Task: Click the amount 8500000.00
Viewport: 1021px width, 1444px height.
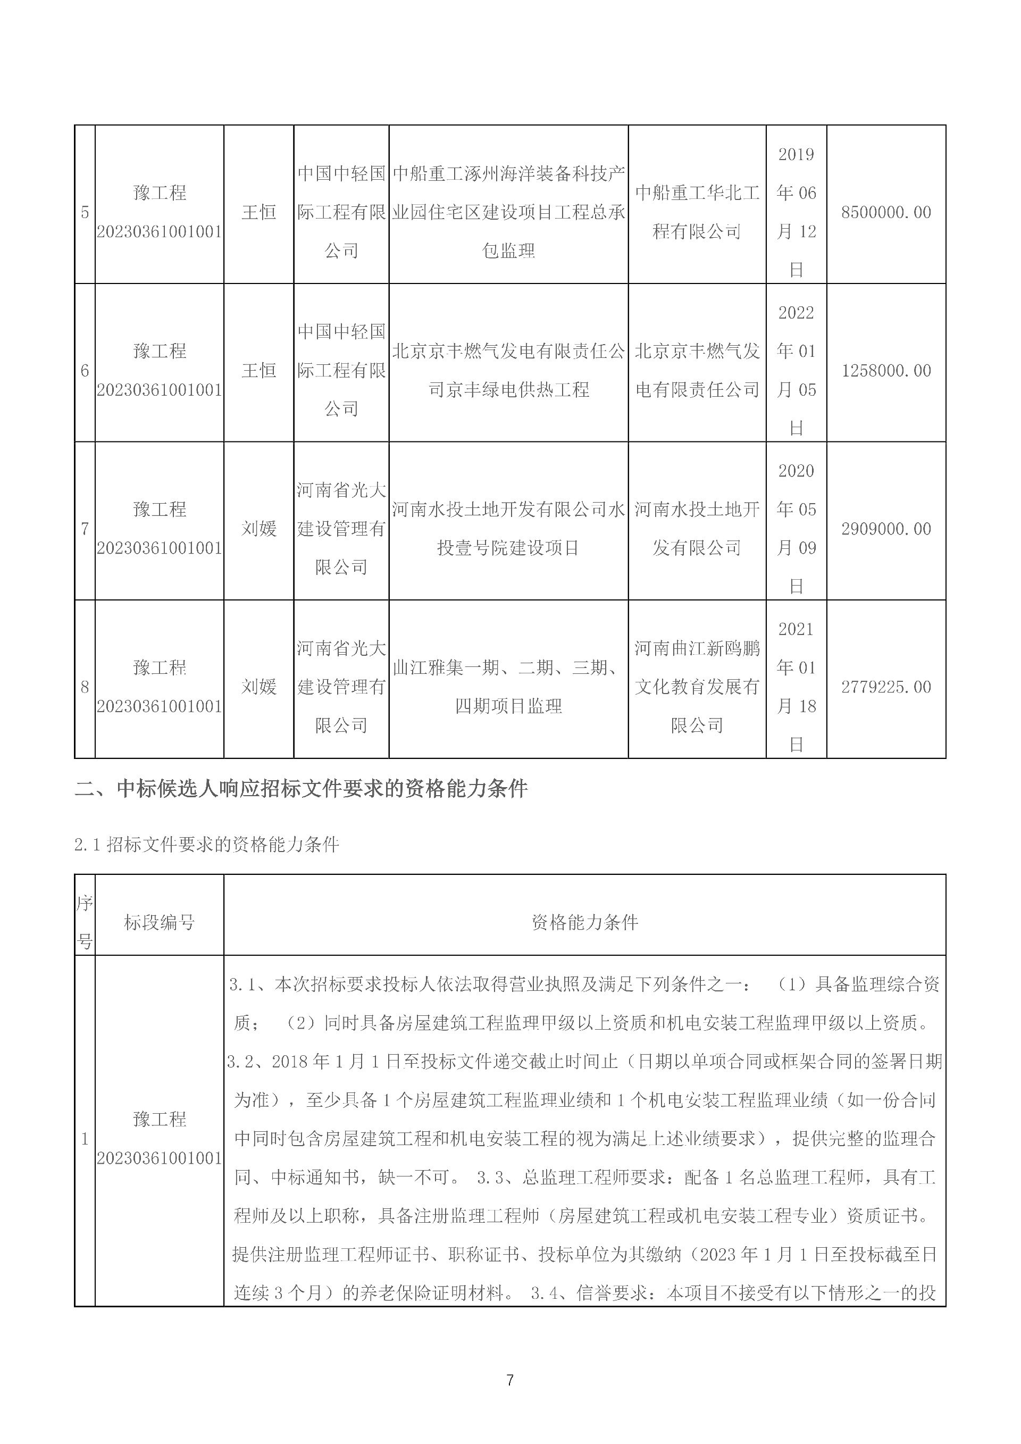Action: [886, 213]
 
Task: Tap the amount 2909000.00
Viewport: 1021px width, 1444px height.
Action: [886, 529]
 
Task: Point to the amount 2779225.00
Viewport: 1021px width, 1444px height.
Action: [886, 687]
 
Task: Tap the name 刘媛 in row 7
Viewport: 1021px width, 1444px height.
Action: [259, 529]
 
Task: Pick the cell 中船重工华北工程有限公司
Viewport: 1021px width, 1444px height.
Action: [697, 213]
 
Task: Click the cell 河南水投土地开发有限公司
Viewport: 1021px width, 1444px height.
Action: [697, 529]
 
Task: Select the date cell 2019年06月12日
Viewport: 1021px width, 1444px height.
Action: [796, 213]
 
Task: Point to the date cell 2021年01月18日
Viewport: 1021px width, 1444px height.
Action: [796, 687]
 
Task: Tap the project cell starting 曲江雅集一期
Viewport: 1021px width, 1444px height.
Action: [508, 687]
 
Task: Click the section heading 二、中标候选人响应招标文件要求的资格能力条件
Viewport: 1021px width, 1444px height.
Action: [301, 789]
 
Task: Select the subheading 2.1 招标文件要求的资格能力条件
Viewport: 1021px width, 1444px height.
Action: [207, 845]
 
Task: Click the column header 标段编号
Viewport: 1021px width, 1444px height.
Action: [159, 923]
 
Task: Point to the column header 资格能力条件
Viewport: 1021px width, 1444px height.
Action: [585, 923]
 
